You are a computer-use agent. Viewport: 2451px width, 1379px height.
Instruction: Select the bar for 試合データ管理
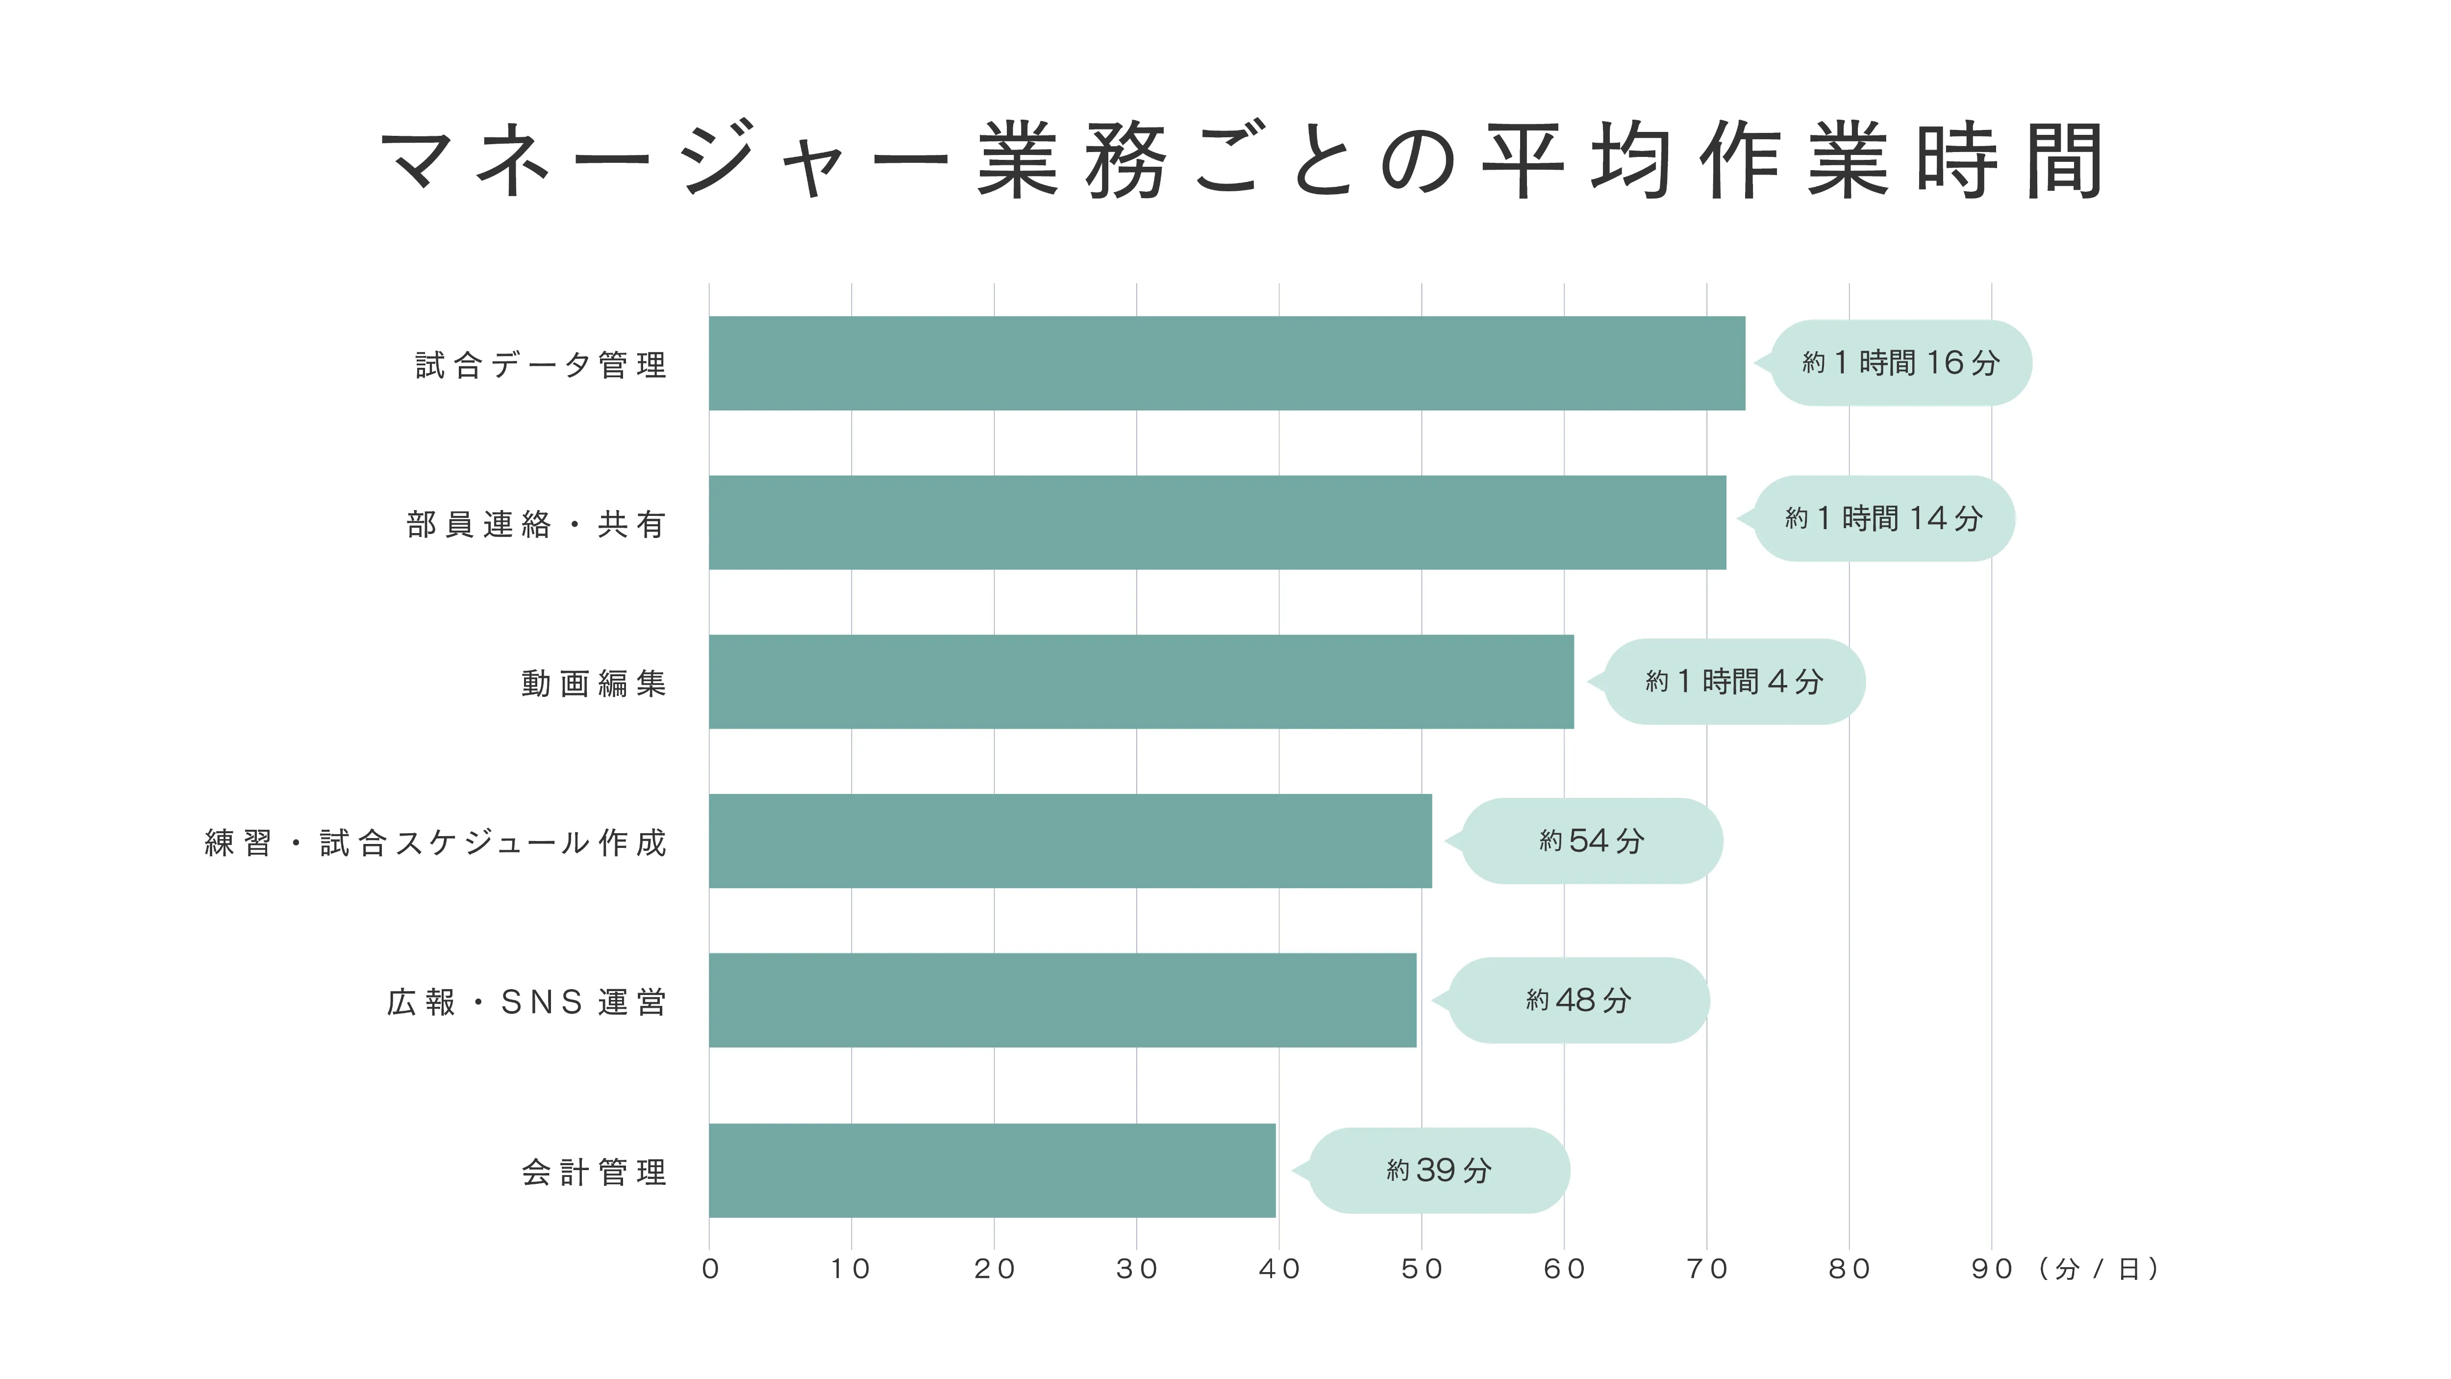(x=1226, y=363)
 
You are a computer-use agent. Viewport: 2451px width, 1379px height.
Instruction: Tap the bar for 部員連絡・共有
(x=1217, y=522)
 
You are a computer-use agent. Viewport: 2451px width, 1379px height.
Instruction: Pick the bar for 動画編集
(x=1141, y=682)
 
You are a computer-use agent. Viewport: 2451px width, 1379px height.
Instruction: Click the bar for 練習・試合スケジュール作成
(x=1070, y=842)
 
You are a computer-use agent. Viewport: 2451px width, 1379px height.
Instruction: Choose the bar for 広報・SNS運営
(x=1062, y=1000)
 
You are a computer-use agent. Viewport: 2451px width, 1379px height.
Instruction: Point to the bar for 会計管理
(x=992, y=1171)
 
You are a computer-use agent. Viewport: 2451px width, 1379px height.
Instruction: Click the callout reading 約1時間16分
(x=1900, y=362)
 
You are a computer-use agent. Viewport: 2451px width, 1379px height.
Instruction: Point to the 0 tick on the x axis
(x=710, y=1269)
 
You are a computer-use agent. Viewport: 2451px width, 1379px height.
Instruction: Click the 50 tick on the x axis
(x=1422, y=1269)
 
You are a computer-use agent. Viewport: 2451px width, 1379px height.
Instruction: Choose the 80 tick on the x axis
(x=1849, y=1269)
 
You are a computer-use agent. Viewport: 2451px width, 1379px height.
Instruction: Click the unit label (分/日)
(x=2098, y=1269)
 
